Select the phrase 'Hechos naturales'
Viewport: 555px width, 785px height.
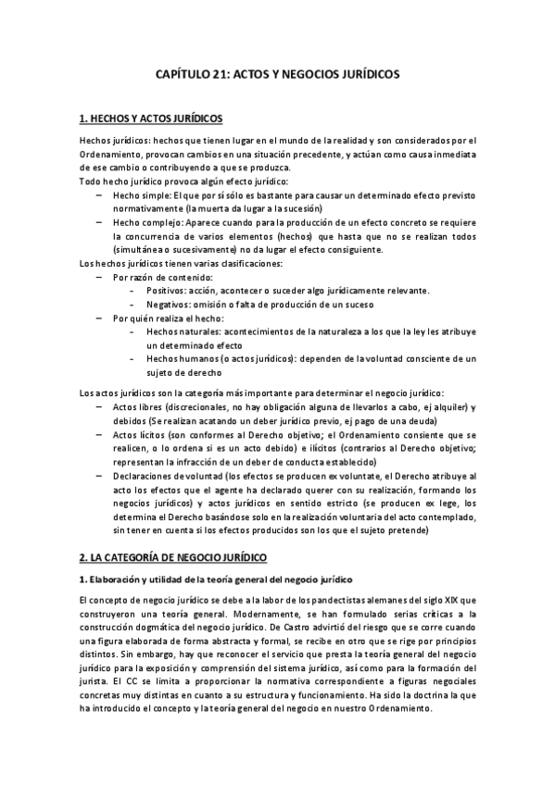tap(183, 330)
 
